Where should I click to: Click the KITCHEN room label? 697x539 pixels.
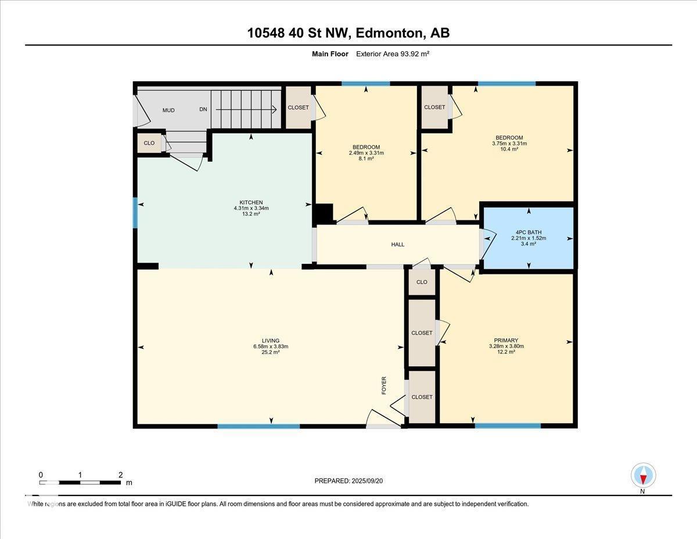251,202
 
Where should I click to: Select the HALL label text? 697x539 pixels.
397,245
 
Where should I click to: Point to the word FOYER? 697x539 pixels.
384,385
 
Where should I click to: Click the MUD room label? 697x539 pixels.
168,110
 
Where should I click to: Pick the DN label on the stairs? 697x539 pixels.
203,109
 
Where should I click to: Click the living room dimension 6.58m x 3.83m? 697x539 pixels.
270,347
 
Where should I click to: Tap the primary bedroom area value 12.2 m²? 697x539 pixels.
506,352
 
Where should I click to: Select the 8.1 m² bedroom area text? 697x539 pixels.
366,158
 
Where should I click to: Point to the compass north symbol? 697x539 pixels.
643,475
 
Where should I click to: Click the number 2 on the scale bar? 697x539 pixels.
120,474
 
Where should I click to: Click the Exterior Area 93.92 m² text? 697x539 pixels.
392,54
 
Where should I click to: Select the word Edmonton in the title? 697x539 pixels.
389,33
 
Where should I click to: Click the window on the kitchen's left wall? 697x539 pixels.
135,213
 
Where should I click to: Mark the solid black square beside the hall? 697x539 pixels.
324,213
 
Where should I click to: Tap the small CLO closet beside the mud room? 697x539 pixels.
149,143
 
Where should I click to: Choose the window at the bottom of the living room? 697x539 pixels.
258,426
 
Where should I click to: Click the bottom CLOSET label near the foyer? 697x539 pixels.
422,397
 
